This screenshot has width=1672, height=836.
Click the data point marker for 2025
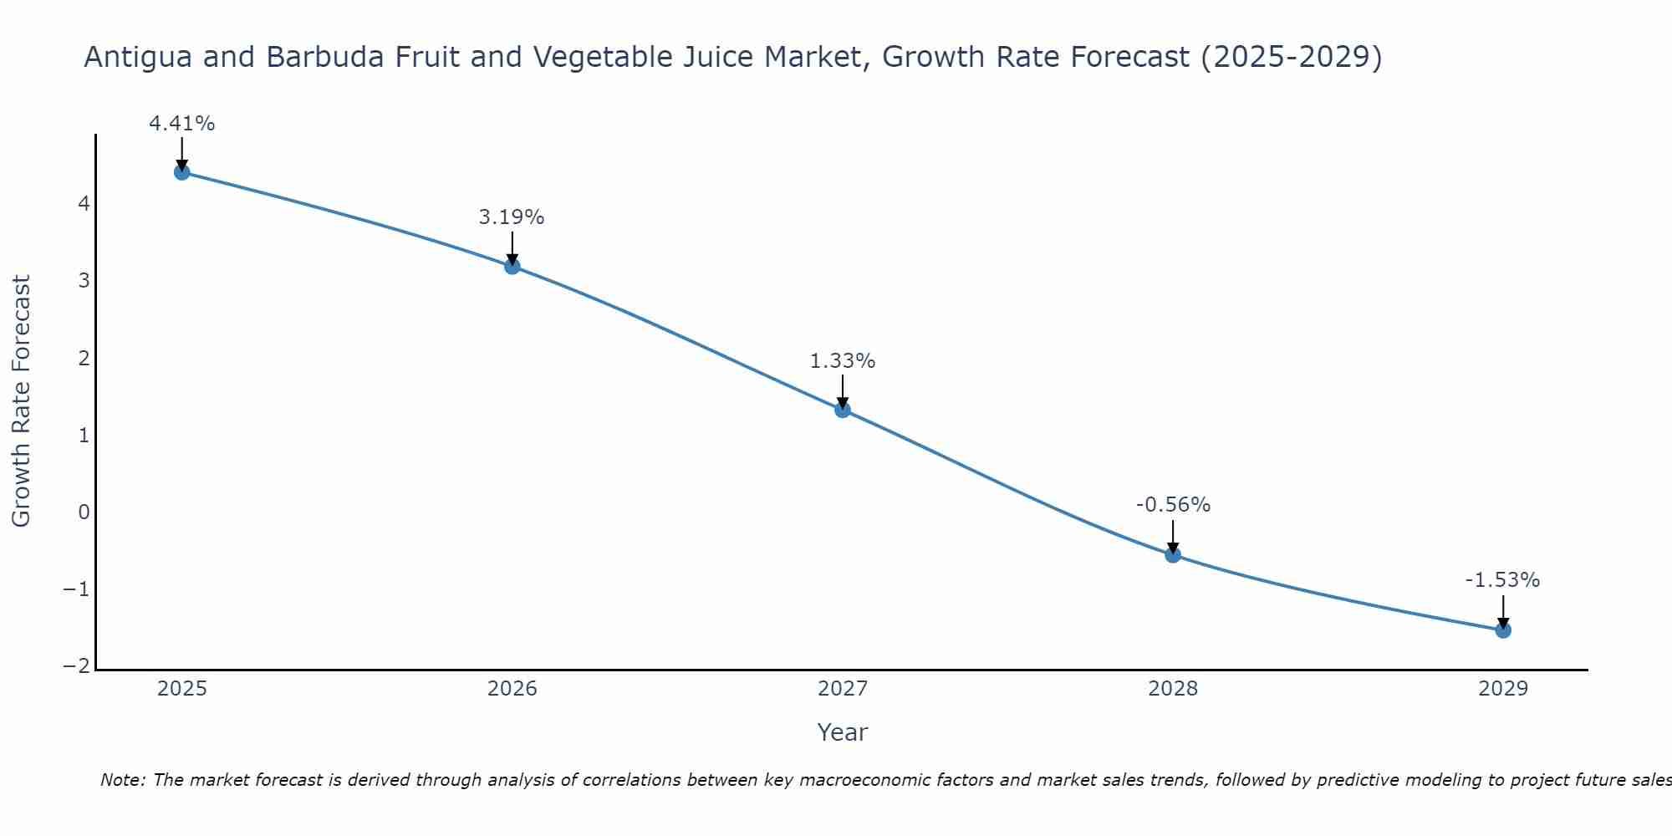tap(182, 172)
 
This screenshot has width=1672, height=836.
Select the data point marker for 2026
tap(512, 267)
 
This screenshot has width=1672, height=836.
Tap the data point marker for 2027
tap(843, 410)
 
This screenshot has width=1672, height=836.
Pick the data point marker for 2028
tap(1173, 554)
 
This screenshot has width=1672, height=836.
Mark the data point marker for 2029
tap(1503, 630)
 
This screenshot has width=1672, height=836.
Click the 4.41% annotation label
tap(182, 124)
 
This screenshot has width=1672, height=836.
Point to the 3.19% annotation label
tap(512, 217)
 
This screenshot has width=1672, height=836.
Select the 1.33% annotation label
tap(843, 361)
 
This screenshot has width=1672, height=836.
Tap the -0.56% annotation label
tap(1173, 505)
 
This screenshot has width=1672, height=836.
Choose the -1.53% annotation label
tap(1502, 580)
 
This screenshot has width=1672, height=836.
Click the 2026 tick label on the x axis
tap(512, 689)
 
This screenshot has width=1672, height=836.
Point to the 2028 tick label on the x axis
tap(1173, 689)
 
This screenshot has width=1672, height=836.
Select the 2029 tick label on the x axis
tap(1503, 689)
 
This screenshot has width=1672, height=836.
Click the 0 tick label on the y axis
tap(84, 512)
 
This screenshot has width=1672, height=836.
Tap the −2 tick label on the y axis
tap(76, 666)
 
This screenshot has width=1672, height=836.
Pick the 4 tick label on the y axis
tap(84, 203)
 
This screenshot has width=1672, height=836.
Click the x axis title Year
tap(843, 732)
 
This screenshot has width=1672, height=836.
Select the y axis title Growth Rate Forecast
tap(22, 401)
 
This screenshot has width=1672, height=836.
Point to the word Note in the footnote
tap(123, 780)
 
